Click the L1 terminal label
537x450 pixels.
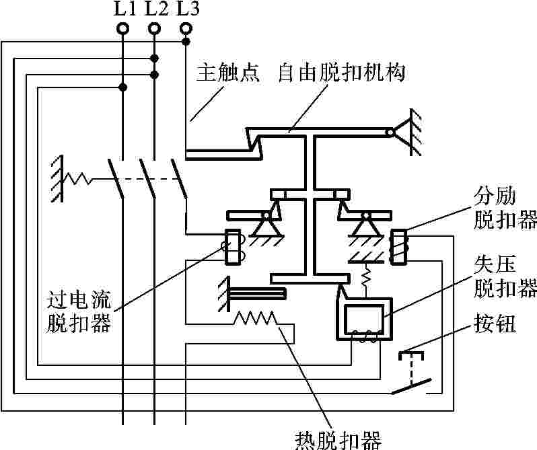[122, 9]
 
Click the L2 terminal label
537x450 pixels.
[155, 9]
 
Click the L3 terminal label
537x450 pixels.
[188, 9]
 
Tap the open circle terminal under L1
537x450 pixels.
[122, 29]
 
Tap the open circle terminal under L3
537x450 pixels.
[186, 29]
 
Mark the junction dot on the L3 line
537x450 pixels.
[186, 42]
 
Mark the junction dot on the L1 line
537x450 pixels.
[122, 87]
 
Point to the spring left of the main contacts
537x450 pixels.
[80, 179]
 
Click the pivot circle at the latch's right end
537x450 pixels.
[390, 133]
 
